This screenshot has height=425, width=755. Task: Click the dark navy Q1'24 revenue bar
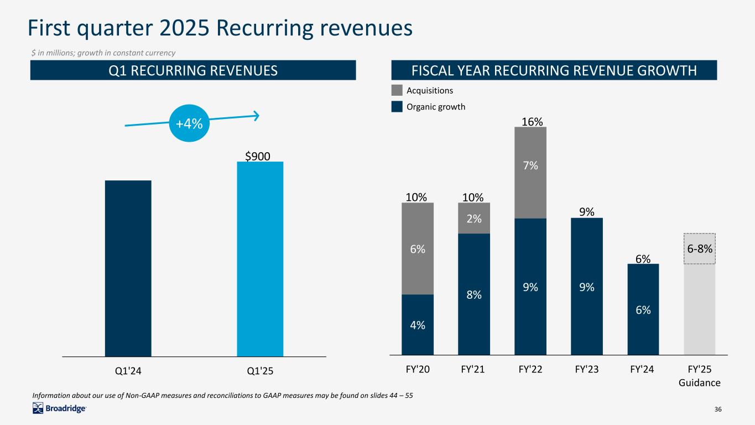tap(128, 268)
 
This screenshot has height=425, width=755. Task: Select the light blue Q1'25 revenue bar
tap(260, 259)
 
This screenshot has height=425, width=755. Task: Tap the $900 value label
tap(258, 156)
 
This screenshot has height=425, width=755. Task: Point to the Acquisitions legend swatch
tap(397, 90)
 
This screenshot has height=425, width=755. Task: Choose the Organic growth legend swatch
tap(397, 107)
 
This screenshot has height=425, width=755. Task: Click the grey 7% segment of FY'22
tap(530, 173)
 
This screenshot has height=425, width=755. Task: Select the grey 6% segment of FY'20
tap(418, 248)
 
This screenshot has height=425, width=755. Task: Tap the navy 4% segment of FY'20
tap(418, 324)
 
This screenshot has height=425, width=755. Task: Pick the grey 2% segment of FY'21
tap(474, 218)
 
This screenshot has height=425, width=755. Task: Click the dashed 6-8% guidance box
tap(700, 248)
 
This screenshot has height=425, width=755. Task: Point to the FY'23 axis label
tap(587, 370)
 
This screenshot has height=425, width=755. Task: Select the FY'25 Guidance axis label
tap(700, 376)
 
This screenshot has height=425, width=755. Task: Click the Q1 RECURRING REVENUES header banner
tap(192, 70)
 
